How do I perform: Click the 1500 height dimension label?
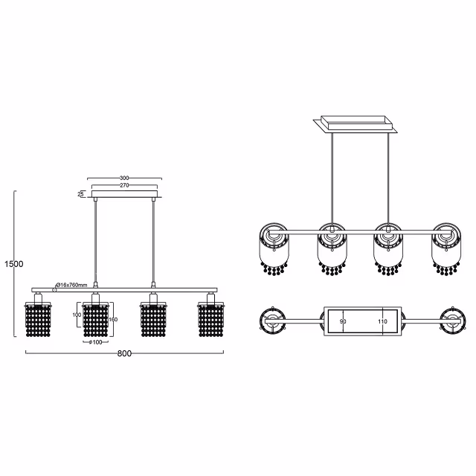[x=13, y=264]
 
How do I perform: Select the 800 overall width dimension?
[x=124, y=353]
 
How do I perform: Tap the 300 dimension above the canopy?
[x=124, y=178]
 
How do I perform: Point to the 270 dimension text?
[x=124, y=186]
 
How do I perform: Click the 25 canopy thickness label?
[x=80, y=194]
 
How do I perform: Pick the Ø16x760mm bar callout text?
[x=73, y=285]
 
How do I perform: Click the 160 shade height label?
[x=112, y=319]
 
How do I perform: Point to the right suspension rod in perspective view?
[x=387, y=178]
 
